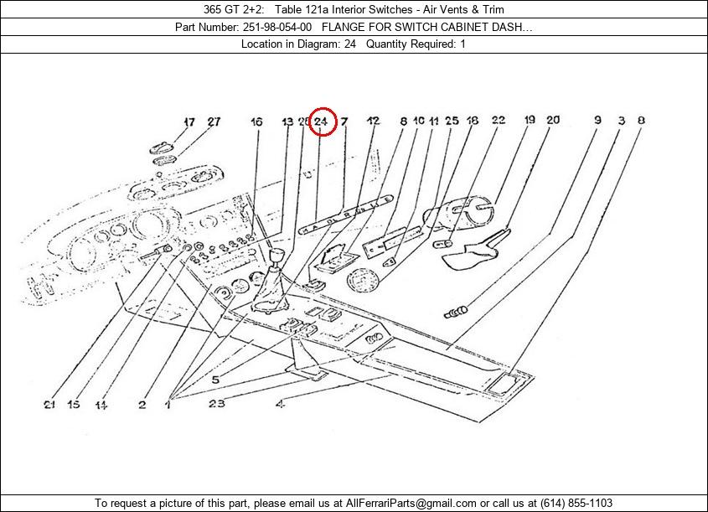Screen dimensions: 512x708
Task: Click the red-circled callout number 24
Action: click(323, 122)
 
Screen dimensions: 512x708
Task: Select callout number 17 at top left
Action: click(189, 122)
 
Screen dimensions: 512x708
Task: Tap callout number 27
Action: click(214, 122)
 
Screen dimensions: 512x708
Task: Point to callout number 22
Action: click(498, 121)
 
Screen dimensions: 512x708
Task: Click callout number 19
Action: click(530, 121)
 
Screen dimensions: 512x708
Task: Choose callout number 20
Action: click(553, 121)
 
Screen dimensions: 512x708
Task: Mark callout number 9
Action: click(597, 121)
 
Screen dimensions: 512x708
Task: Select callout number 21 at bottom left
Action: click(50, 406)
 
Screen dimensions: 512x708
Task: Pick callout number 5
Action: click(214, 380)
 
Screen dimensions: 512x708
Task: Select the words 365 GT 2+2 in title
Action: click(227, 9)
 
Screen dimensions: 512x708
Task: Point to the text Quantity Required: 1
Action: click(416, 44)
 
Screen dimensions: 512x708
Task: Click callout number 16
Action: click(256, 122)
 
